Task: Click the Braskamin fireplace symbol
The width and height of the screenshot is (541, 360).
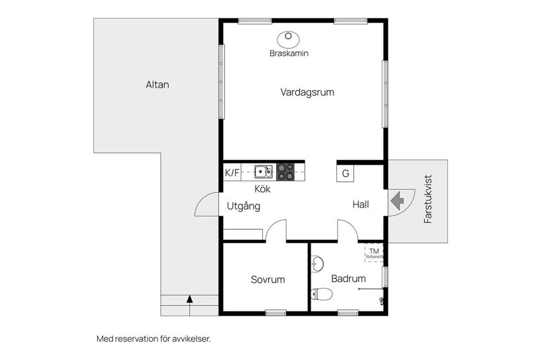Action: click(288, 39)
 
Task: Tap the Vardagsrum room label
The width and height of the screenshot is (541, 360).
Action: click(307, 92)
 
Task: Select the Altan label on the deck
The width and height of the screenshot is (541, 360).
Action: click(157, 85)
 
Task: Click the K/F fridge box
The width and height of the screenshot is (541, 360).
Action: click(232, 172)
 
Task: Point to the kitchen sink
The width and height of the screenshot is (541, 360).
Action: click(264, 171)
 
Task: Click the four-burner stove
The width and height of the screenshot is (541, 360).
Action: click(285, 171)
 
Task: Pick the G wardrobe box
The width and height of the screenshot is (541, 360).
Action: click(345, 173)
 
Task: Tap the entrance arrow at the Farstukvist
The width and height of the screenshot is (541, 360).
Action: click(397, 201)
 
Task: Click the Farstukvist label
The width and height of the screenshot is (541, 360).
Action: click(428, 199)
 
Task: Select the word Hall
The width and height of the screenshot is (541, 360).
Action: click(361, 205)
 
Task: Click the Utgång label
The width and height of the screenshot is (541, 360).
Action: click(243, 207)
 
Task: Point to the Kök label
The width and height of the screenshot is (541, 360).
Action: click(262, 189)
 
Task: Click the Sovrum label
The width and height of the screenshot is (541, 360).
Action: click(268, 279)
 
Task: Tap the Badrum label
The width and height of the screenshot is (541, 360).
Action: click(348, 278)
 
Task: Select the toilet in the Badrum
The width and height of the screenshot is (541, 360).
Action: click(322, 294)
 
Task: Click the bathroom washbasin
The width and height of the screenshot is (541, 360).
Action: click(317, 264)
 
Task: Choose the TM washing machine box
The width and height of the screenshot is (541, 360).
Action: click(374, 253)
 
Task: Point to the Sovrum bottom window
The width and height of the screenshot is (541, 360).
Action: click(276, 313)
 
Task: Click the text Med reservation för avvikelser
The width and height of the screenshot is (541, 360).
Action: click(153, 339)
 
